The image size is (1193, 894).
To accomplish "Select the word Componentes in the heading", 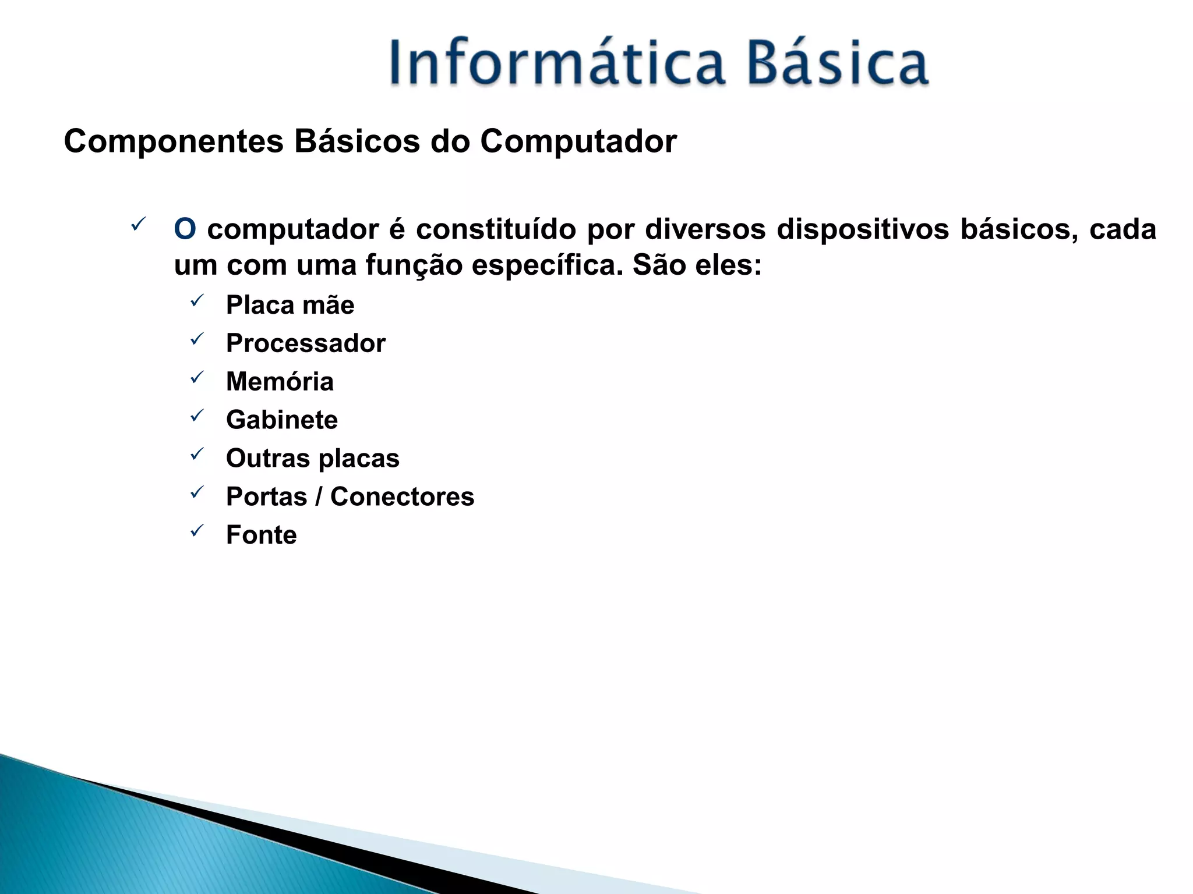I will pos(174,141).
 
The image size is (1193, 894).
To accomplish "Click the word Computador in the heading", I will pos(578,141).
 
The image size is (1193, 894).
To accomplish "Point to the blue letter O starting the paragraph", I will pos(185,229).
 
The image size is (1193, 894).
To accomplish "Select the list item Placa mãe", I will pos(290,305).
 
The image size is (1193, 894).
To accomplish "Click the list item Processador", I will pos(306,343).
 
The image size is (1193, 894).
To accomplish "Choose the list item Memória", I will pos(280,382).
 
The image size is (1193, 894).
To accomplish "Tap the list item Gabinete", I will pos(282,420).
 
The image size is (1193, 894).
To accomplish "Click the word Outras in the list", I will pos(267,459).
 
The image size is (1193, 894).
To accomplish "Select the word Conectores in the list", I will pos(402,497).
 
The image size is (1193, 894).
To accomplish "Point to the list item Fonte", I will pos(261,535).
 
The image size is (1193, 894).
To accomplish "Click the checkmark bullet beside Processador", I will pos(197,339).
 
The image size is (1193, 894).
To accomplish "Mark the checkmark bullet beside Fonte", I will pos(197,530).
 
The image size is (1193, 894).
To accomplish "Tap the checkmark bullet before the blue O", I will pos(138,223).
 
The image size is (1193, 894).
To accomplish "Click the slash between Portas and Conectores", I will pos(318,497).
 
